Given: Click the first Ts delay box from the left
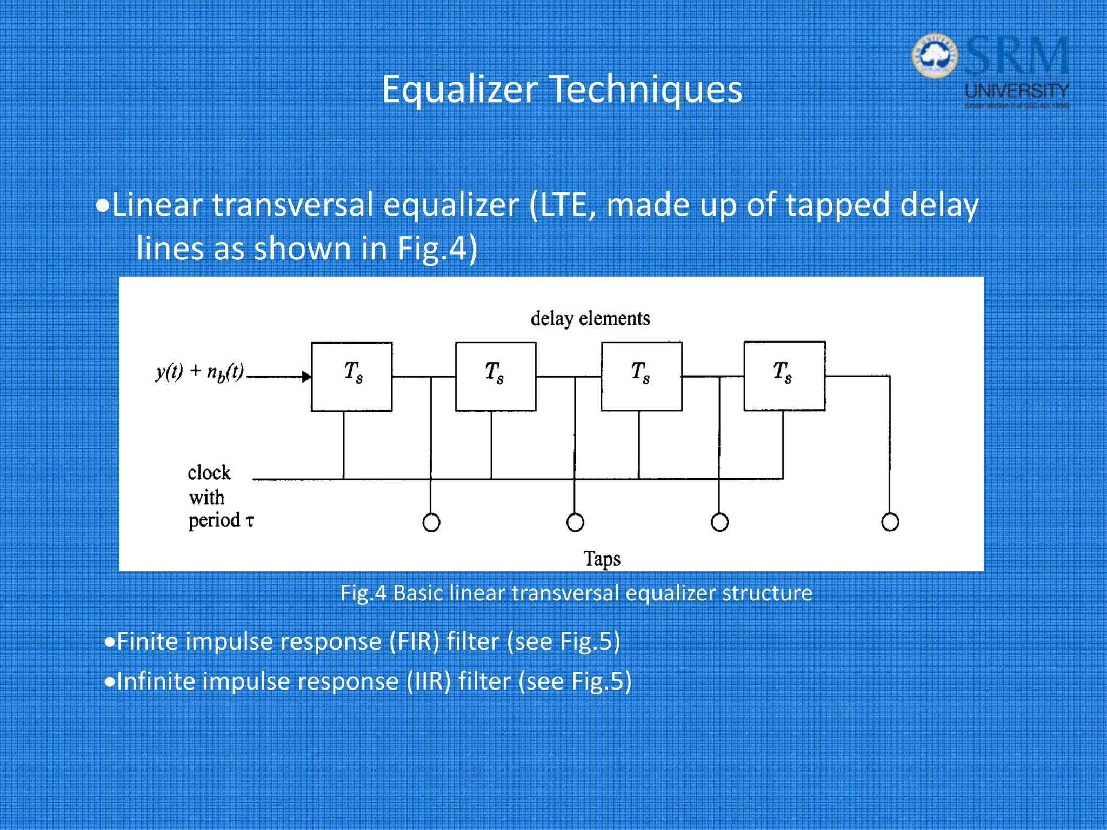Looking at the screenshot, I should (x=352, y=377).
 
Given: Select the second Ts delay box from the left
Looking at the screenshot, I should (x=496, y=377).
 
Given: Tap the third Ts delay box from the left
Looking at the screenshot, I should (x=642, y=376).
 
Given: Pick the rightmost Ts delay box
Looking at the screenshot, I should (x=784, y=376).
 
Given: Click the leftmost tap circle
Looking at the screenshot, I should (x=431, y=523).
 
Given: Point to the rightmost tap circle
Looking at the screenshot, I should (x=890, y=522).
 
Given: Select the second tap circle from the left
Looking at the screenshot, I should (x=575, y=523).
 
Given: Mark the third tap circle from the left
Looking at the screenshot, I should (x=719, y=523).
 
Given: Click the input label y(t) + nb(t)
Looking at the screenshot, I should (x=200, y=372).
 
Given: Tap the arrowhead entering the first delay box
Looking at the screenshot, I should (x=306, y=377).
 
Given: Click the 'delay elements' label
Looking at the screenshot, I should (x=590, y=318).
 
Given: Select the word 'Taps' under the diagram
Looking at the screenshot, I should (x=602, y=559).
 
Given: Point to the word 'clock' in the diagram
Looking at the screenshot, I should (x=209, y=473).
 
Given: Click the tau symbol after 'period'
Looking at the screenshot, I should (x=249, y=521).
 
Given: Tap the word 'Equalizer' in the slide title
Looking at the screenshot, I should (x=459, y=89).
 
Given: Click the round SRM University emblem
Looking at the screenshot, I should (x=935, y=56).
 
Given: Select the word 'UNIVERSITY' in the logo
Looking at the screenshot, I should (x=1017, y=90).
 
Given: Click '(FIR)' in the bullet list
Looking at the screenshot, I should (x=415, y=641).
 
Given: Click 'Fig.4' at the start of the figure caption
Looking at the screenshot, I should (x=363, y=593).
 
